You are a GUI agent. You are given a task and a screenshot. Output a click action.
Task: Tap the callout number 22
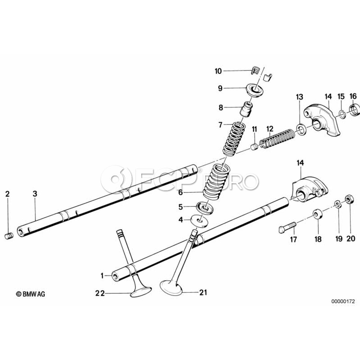point(100,293)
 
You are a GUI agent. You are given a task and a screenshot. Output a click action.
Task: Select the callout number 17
point(294,240)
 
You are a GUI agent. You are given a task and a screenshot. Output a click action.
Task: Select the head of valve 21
point(171,287)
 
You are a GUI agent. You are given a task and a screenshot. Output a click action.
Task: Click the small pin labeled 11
point(254,148)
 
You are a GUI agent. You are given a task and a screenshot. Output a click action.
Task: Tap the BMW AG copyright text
point(30,294)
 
